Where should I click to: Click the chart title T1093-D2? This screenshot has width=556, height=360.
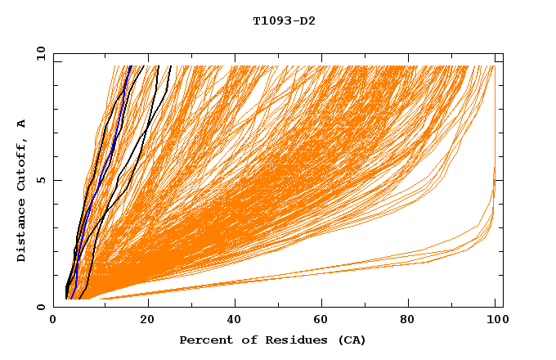pyautogui.click(x=284, y=21)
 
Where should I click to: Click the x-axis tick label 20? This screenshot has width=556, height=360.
pyautogui.click(x=147, y=322)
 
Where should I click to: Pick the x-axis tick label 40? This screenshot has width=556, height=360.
pyautogui.click(x=236, y=322)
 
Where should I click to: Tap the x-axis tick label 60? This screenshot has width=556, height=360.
pyautogui.click(x=325, y=322)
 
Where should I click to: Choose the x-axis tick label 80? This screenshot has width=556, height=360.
pyautogui.click(x=413, y=322)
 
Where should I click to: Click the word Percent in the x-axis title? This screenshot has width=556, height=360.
pyautogui.click(x=203, y=340)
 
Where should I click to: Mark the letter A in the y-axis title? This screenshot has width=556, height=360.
pyautogui.click(x=21, y=124)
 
